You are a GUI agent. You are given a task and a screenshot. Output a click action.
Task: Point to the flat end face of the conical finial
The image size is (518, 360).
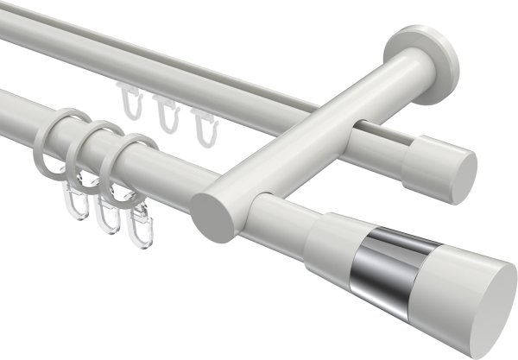[489, 299]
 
